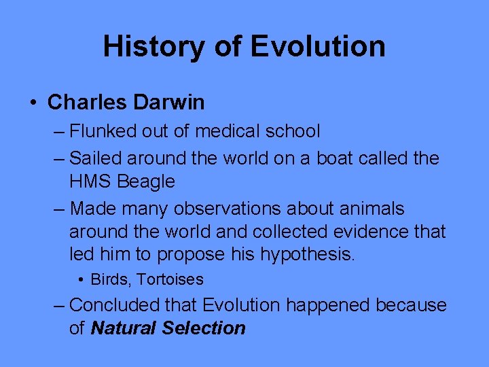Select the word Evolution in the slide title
coord(318,46)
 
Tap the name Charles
coord(88,103)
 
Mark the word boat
coord(318,158)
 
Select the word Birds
coord(106,279)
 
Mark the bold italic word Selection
coord(204,328)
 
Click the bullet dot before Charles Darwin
coord(33,103)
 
